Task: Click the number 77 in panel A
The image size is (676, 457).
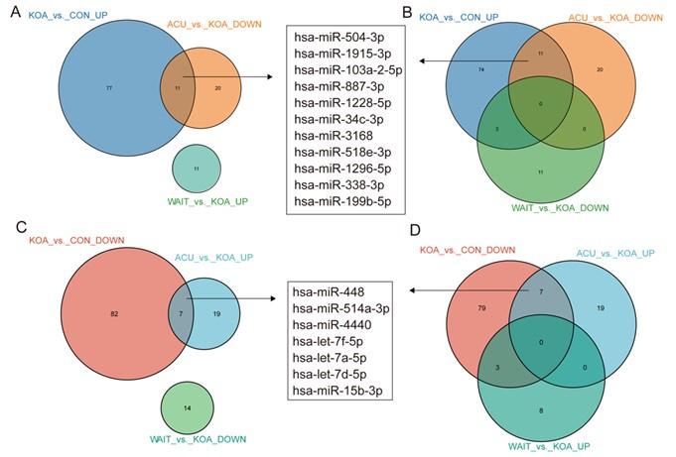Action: [x=109, y=88]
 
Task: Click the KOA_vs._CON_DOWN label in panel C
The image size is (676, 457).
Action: [x=71, y=240]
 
